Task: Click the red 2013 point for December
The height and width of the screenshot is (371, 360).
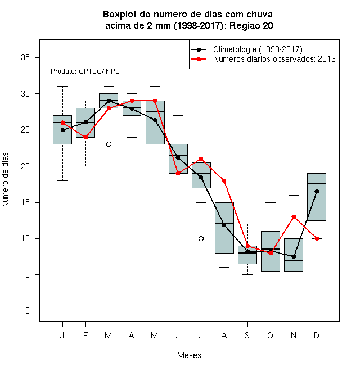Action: pos(317,238)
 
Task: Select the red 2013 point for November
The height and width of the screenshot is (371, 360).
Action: pos(294,217)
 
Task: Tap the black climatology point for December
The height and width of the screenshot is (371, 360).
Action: pos(317,191)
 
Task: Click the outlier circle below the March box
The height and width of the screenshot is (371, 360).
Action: pos(109,144)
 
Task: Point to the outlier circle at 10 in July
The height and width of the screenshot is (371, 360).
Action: pos(201,238)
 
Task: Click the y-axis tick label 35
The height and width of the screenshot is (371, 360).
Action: pos(25,57)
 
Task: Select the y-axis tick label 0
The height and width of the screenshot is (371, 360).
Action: pos(28,311)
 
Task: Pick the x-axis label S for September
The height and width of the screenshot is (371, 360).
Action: pos(247,335)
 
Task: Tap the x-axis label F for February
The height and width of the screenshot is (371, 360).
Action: pos(85,335)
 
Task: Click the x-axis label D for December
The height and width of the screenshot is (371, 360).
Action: pos(317,335)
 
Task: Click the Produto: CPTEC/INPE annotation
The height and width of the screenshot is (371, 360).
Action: pos(85,71)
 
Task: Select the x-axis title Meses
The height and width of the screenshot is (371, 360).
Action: pos(189,355)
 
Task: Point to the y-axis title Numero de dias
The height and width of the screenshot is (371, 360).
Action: pos(5,180)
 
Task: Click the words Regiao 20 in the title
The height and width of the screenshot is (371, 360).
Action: pos(251,25)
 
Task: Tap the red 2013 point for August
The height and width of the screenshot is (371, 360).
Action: pos(224,181)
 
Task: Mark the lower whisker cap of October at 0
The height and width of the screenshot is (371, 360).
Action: pos(271,311)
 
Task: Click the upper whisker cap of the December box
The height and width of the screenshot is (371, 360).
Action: pos(317,123)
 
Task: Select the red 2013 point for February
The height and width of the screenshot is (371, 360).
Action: pos(85,137)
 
